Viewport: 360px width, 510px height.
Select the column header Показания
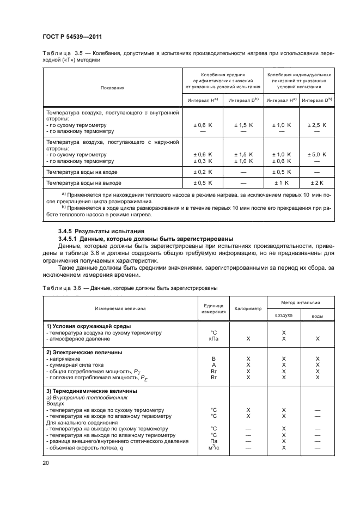[112, 87]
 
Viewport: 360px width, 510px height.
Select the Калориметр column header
[248, 308]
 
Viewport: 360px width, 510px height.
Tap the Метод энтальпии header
[301, 302]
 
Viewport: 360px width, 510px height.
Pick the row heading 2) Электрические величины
[84, 352]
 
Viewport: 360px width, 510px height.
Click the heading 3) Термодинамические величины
[91, 391]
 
